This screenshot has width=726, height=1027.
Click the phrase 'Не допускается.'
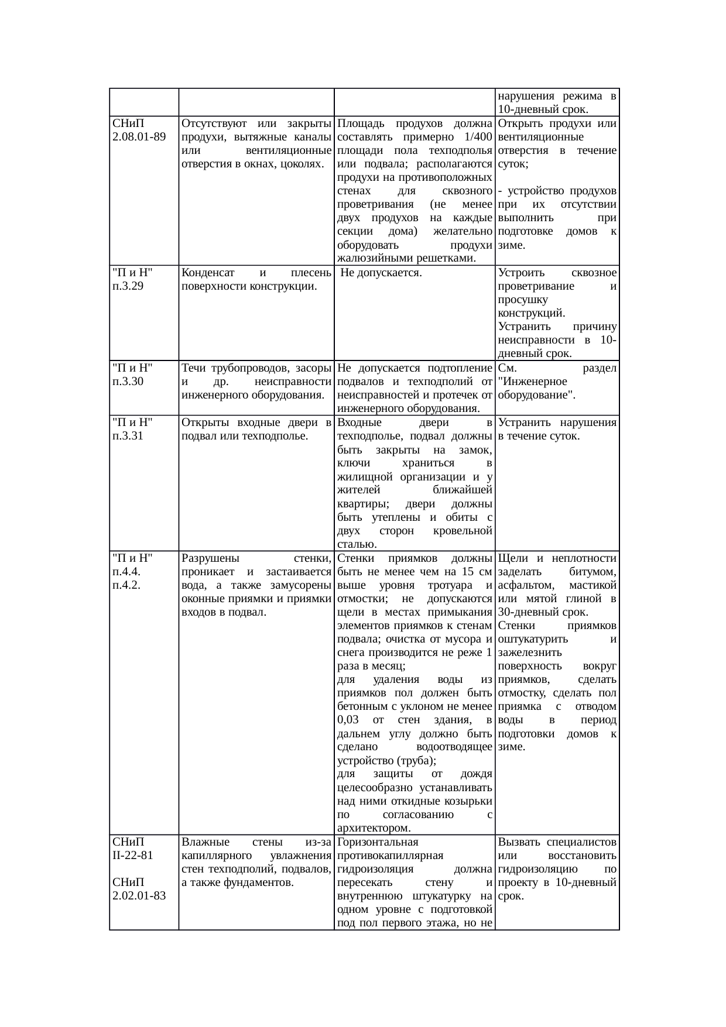(381, 273)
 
